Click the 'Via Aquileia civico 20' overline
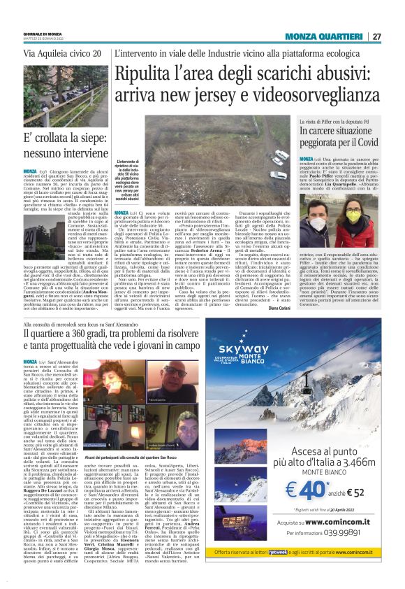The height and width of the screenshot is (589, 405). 63,53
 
